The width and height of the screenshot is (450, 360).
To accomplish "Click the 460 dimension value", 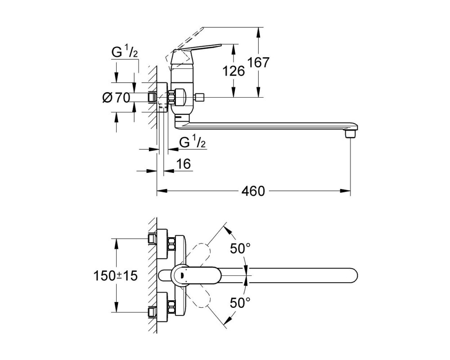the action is pos(253,191).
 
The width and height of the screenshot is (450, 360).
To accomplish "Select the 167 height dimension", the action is pos(258,62).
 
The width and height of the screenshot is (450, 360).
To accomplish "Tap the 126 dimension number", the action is pos(234,71).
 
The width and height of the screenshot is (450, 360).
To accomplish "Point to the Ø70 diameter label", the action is pos(116,98).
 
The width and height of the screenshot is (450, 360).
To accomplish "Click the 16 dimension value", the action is pos(184,164).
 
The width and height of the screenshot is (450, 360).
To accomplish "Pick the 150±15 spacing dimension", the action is pos(116,276).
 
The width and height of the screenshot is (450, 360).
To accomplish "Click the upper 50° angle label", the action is pos(240,248).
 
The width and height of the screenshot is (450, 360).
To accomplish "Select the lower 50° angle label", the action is pos(240,302).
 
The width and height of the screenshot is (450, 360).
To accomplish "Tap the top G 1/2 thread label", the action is pos(125,53).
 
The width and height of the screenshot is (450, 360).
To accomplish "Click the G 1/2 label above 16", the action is pos(193,142).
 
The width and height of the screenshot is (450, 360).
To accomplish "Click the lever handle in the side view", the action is pos(195,53).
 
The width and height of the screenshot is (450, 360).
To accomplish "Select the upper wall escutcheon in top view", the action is pos(162,243).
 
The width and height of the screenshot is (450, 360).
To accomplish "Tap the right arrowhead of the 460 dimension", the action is pos(345,191).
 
